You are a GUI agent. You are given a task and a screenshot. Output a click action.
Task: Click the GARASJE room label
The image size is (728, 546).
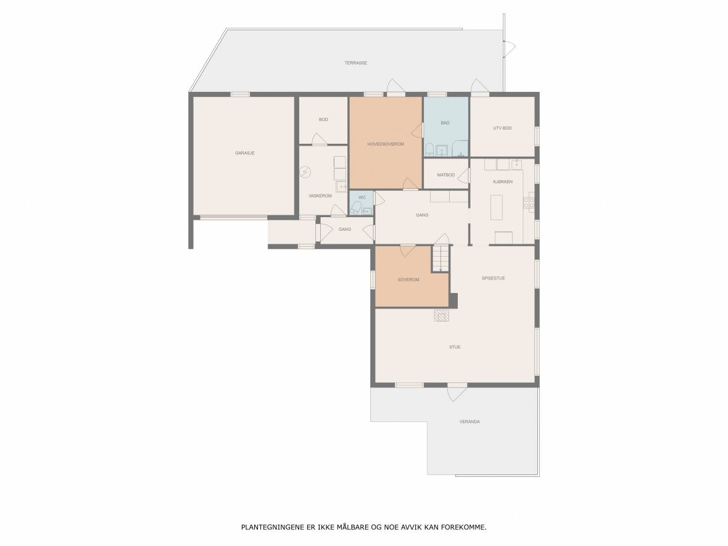point(245,153)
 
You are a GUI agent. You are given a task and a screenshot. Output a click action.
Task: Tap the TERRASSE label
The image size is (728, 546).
point(355,63)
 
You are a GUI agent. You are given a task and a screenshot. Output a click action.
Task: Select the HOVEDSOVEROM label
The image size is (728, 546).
point(386,144)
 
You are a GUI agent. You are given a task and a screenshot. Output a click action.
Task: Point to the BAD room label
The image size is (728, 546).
point(445,123)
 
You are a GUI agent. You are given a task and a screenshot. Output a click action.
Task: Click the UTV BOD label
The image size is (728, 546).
point(502,128)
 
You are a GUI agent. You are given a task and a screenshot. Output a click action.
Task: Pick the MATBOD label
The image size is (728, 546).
point(445,175)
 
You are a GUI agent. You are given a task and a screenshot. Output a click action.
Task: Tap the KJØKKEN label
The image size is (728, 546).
point(503,181)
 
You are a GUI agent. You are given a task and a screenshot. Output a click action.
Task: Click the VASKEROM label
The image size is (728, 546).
point(320,196)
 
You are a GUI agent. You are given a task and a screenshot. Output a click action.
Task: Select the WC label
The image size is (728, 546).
point(362,197)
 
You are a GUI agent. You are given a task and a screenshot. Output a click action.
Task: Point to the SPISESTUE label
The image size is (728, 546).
point(493,278)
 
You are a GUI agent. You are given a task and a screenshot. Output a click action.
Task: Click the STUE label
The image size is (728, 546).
point(455,347)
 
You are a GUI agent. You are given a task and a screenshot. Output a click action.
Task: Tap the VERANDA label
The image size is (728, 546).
point(469,421)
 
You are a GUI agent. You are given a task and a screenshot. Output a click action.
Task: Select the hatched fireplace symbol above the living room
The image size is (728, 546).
point(442,315)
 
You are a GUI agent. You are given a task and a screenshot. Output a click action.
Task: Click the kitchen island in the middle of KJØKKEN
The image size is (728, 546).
point(496,207)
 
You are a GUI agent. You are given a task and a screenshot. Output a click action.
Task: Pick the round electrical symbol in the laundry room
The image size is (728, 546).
point(305,172)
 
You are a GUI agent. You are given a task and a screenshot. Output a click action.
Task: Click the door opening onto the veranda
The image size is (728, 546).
point(457,393)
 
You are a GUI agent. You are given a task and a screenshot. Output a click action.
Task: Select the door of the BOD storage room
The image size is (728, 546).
point(320,140)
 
